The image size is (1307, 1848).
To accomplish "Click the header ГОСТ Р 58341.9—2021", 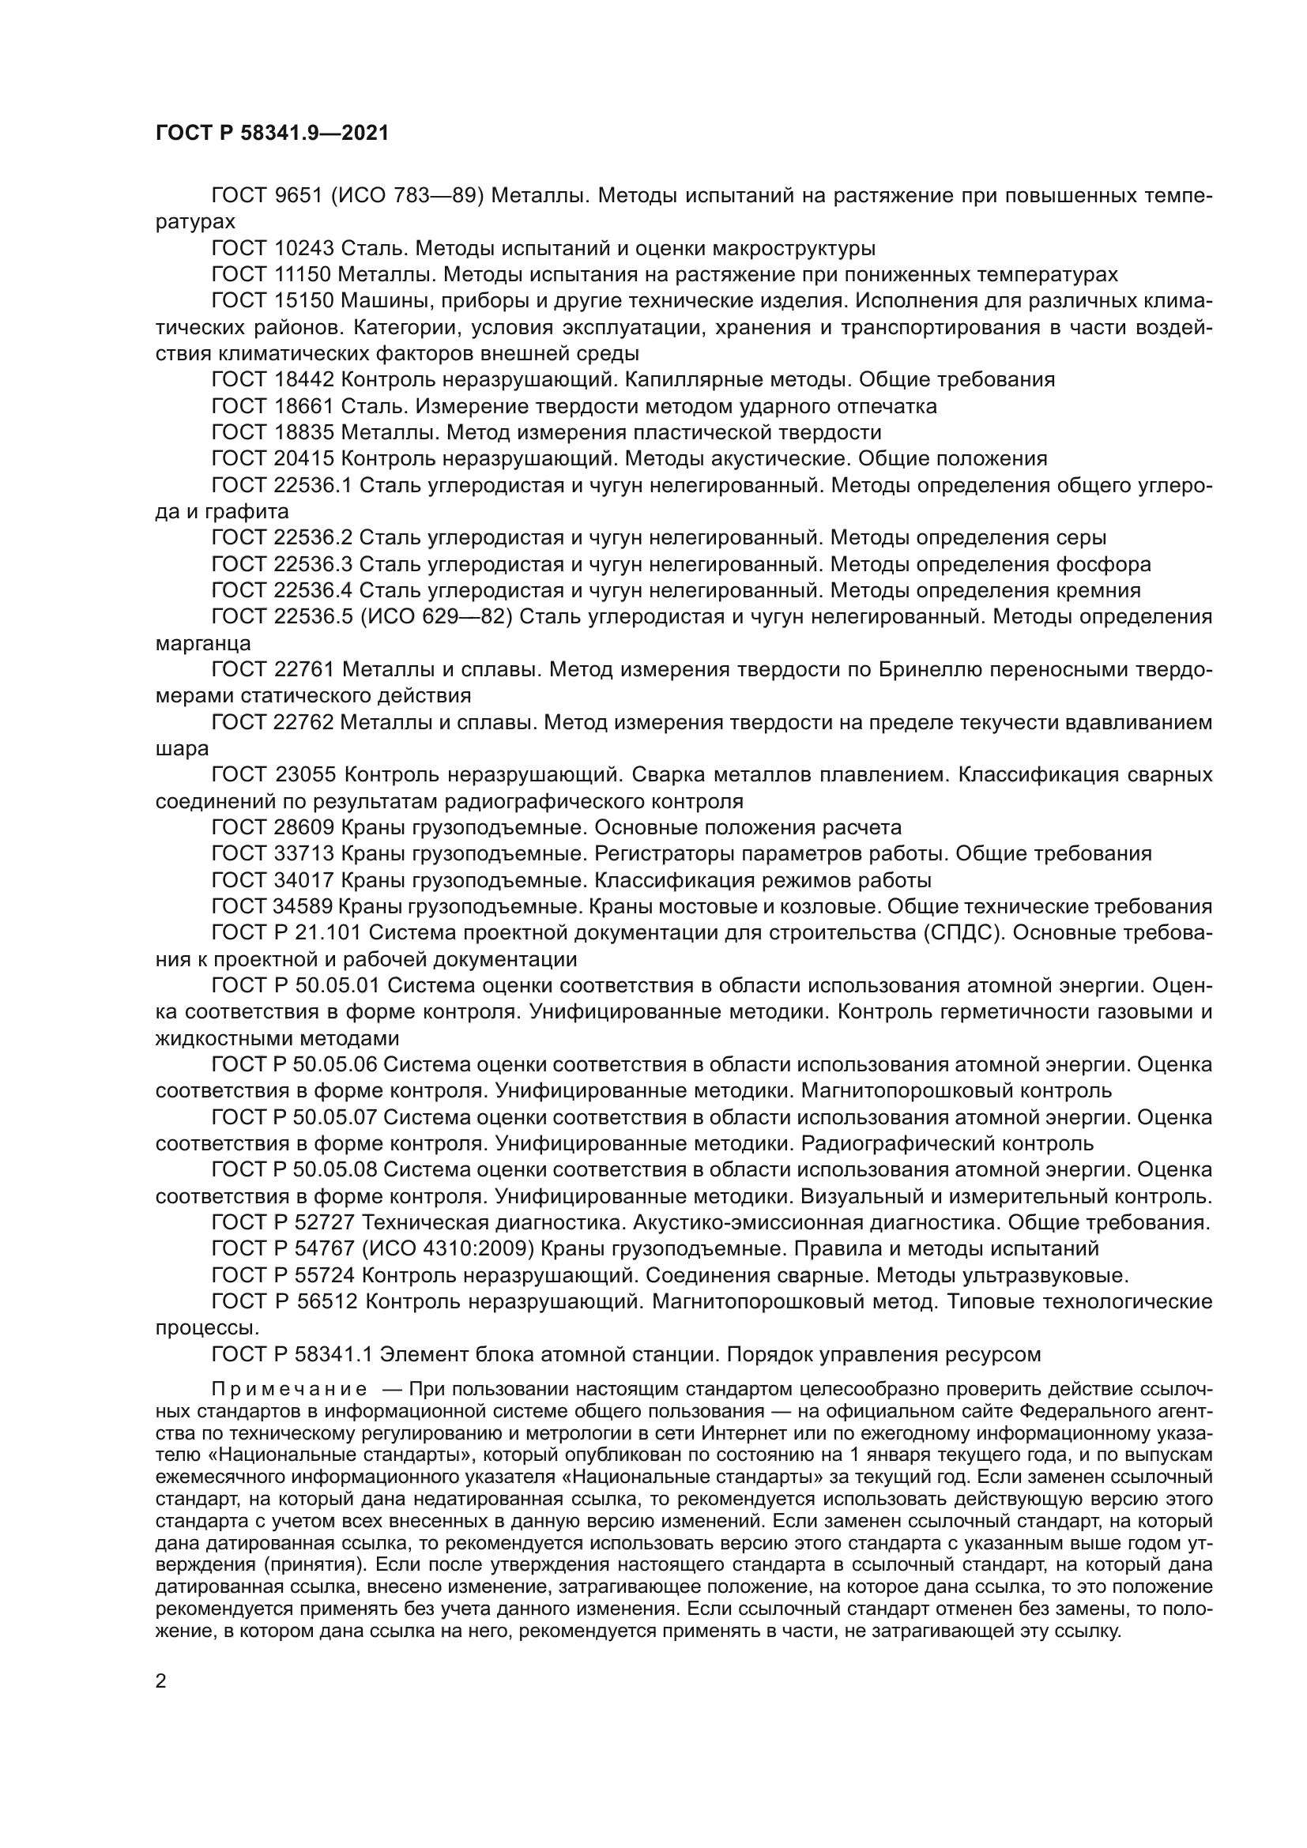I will coord(271,134).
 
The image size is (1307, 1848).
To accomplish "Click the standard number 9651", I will coord(299,196).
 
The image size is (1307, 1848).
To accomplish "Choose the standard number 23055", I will coord(306,775).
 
